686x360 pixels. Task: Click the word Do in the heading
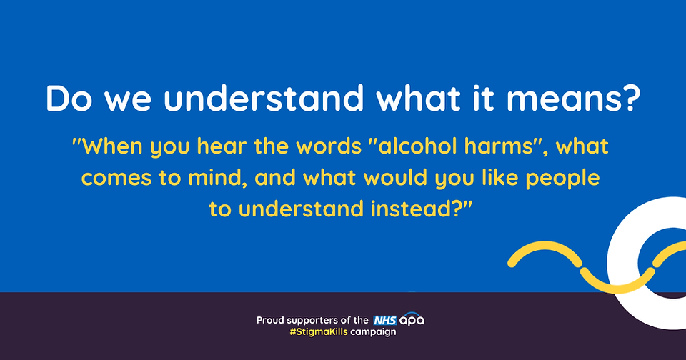click(69, 98)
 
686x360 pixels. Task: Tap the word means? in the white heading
click(574, 98)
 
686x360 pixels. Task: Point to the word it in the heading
click(484, 98)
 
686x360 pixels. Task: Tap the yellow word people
click(562, 179)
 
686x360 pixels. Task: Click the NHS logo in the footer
click(385, 320)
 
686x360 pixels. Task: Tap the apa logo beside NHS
click(412, 320)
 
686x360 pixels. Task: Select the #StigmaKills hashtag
click(319, 331)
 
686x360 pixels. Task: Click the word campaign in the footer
click(373, 332)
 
